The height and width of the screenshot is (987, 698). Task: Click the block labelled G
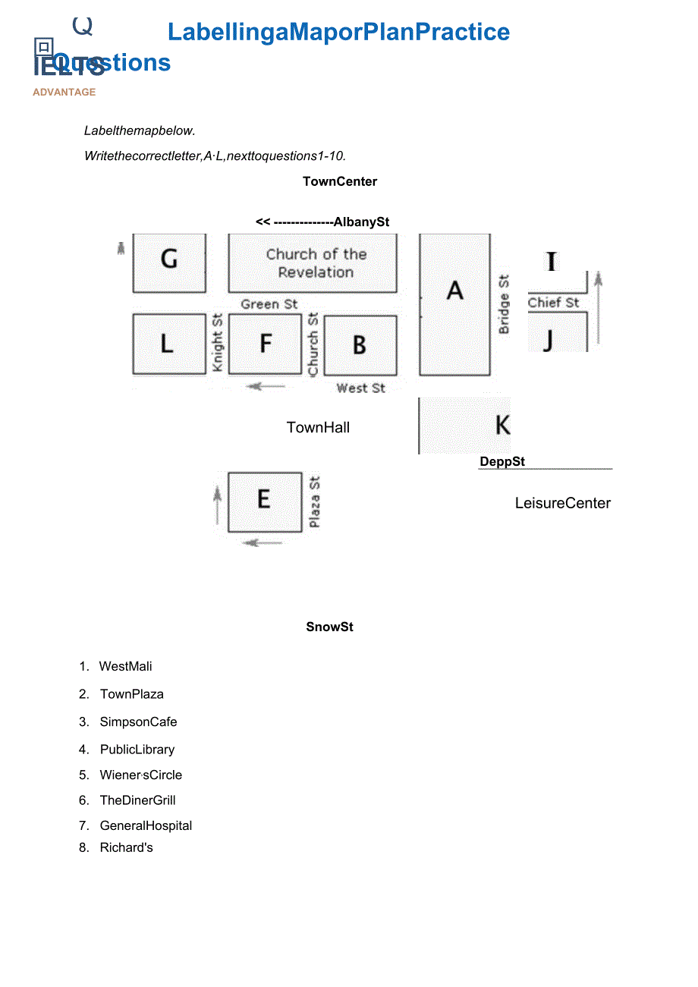[169, 262]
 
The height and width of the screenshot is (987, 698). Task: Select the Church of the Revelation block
[313, 262]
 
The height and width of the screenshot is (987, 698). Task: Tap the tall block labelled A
[454, 303]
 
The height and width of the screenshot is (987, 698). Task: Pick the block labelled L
[169, 344]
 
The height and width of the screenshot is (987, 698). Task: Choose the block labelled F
[265, 344]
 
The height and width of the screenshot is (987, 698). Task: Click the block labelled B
[360, 344]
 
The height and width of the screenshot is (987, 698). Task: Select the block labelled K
[464, 425]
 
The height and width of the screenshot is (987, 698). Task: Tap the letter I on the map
[552, 262]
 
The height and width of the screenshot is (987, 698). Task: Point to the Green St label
[269, 304]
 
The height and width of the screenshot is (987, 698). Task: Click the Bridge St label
[504, 304]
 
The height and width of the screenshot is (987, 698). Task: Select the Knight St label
[218, 342]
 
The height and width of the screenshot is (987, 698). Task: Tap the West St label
[360, 388]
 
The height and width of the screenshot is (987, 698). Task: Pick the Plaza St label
[315, 501]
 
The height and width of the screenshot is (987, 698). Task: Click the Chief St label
[553, 303]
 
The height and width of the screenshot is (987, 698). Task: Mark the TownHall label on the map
[318, 428]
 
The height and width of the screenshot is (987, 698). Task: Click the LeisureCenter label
[562, 503]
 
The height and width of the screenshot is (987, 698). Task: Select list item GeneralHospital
[146, 825]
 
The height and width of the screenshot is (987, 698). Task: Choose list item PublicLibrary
[137, 750]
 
